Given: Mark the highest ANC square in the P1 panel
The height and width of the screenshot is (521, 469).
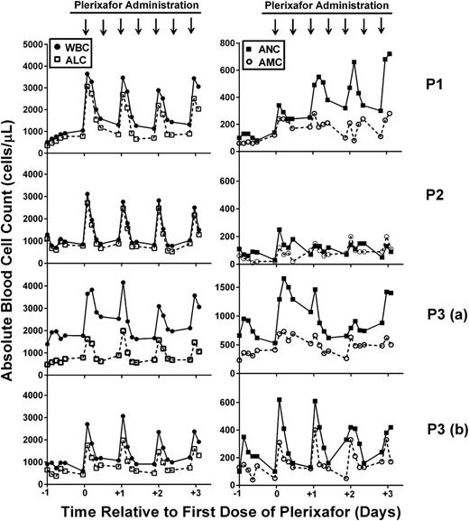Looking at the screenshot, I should [390, 54].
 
